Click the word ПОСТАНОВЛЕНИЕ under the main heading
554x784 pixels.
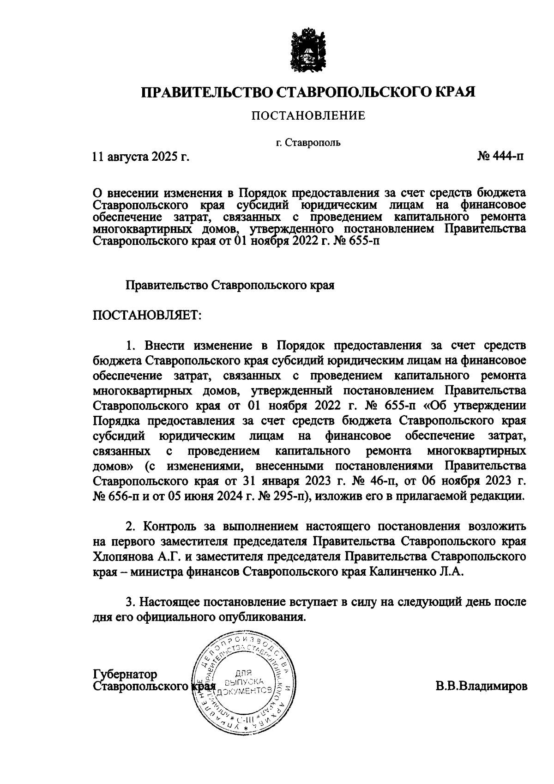coord(308,115)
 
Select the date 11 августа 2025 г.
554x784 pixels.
coord(141,157)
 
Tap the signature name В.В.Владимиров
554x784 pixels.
coord(480,686)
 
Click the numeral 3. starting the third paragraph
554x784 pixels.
coord(130,602)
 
